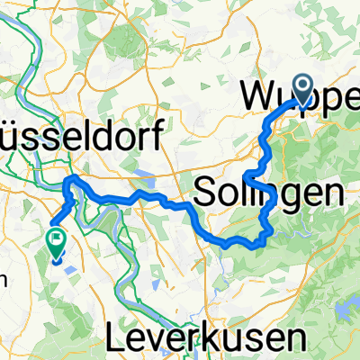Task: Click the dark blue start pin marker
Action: pyautogui.click(x=301, y=87)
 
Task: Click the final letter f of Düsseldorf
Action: pyautogui.click(x=156, y=137)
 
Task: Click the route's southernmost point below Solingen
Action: pyautogui.click(x=236, y=243)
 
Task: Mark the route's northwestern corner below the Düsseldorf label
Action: pyautogui.click(x=68, y=182)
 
